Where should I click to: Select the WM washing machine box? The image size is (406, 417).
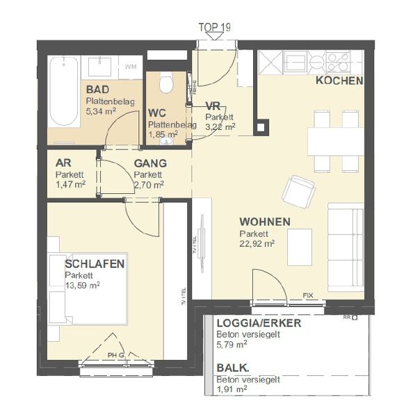(130, 67)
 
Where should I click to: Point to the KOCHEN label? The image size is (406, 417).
(339, 81)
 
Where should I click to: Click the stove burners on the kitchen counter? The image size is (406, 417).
(339, 63)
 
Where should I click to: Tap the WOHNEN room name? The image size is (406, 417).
(265, 222)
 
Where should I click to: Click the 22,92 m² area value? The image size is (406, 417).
(257, 243)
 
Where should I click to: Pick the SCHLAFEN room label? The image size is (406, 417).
(95, 264)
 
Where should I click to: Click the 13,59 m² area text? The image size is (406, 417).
(83, 285)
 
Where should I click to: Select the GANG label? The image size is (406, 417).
(150, 164)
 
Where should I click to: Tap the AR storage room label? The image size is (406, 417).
(64, 164)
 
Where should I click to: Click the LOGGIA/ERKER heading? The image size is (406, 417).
(259, 324)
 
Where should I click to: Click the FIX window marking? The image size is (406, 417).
(307, 295)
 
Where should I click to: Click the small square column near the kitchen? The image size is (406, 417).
(261, 127)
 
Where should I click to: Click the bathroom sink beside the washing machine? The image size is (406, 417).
(101, 67)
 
